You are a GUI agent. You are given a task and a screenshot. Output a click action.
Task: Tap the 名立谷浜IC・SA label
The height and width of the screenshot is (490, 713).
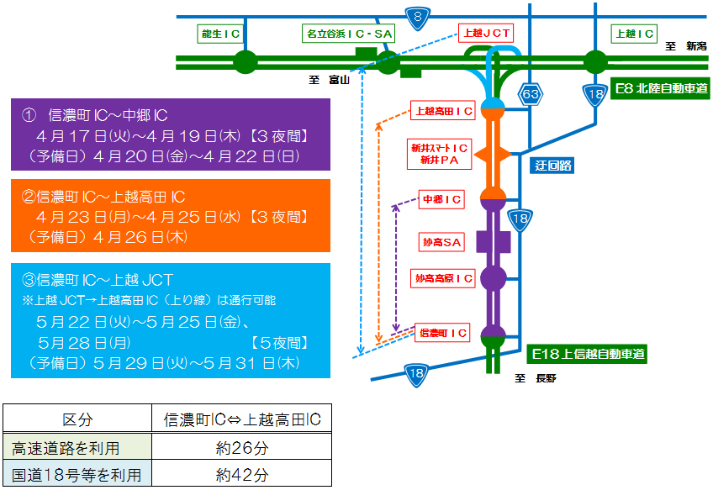point(348,34)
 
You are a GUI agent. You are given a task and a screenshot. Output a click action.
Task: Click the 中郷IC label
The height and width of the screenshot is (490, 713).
point(442,199)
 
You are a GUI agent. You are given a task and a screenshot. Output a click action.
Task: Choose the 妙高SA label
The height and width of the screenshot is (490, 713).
point(441,242)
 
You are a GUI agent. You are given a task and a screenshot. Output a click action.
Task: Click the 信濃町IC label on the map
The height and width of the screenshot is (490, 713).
point(444,333)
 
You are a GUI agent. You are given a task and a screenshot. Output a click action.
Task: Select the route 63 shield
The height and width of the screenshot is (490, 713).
point(530,93)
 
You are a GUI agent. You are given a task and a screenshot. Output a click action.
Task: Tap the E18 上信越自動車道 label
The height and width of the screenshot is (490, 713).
point(588,354)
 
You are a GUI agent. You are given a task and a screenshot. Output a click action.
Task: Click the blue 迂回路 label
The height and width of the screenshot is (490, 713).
point(553,166)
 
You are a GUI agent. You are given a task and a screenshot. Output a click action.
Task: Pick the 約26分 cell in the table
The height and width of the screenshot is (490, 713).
point(242,447)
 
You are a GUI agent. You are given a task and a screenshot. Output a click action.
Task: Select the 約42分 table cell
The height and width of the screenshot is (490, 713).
point(242,475)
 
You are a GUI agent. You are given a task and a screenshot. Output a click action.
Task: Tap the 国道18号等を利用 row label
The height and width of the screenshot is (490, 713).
point(77,475)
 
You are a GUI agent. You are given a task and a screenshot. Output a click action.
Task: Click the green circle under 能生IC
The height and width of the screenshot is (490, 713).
point(245,61)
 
